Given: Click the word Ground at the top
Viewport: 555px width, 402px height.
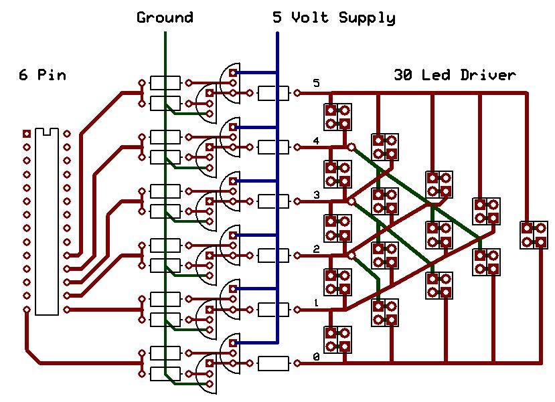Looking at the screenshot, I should [x=165, y=17].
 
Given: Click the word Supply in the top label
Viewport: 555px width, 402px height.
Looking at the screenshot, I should [x=367, y=18].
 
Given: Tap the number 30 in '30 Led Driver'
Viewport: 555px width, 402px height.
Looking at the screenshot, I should [x=403, y=75].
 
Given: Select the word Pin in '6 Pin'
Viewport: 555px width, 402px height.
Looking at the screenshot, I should [x=52, y=75].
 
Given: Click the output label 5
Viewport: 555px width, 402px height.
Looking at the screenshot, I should [x=316, y=84].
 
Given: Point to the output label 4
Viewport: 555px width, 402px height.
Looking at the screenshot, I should [x=316, y=140].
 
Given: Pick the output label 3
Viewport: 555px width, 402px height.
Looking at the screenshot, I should [x=316, y=195].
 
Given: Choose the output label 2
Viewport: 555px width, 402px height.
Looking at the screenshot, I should [x=316, y=249].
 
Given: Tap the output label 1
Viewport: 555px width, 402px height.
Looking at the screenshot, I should [x=316, y=304].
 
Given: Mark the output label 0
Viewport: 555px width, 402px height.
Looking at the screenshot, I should [x=316, y=358].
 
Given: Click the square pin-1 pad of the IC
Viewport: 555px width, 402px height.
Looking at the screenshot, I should [x=27, y=133].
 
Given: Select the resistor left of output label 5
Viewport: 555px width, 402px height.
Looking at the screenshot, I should [x=273, y=93].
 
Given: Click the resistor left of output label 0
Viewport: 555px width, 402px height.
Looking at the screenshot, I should [x=273, y=364].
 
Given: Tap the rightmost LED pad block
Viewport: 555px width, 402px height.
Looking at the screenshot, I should [x=534, y=235].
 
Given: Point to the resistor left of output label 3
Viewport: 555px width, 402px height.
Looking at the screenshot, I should [x=273, y=201].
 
